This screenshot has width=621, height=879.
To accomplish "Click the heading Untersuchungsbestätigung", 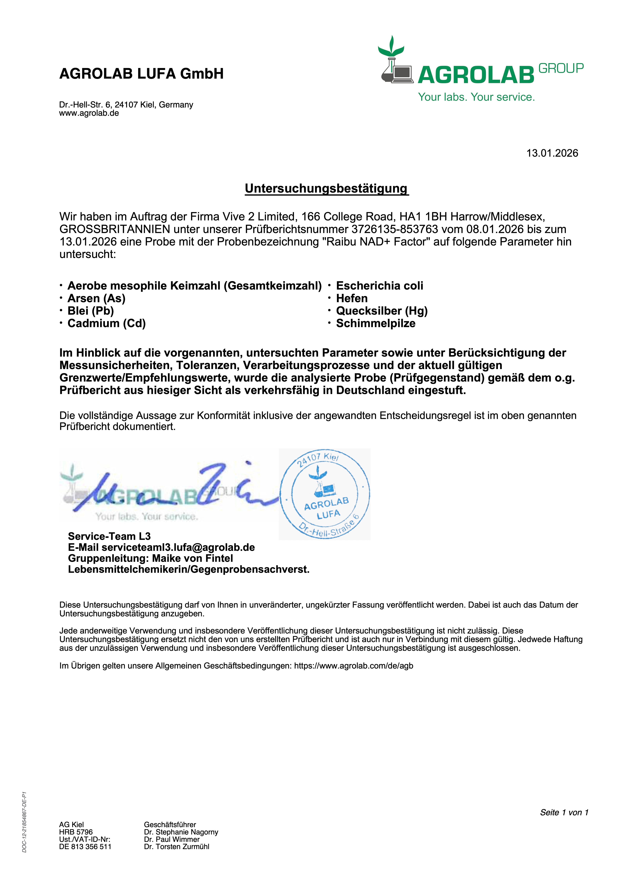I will click(x=327, y=188).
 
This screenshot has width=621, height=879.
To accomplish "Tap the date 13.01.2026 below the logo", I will click(x=552, y=153).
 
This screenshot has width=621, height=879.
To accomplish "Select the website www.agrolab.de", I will click(x=89, y=113).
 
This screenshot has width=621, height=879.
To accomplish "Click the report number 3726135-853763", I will click(x=394, y=229).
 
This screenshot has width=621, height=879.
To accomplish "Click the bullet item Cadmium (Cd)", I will click(x=106, y=323).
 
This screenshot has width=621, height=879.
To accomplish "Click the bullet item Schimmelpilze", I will click(x=376, y=323).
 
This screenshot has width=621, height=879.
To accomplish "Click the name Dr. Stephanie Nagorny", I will click(x=181, y=832).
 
